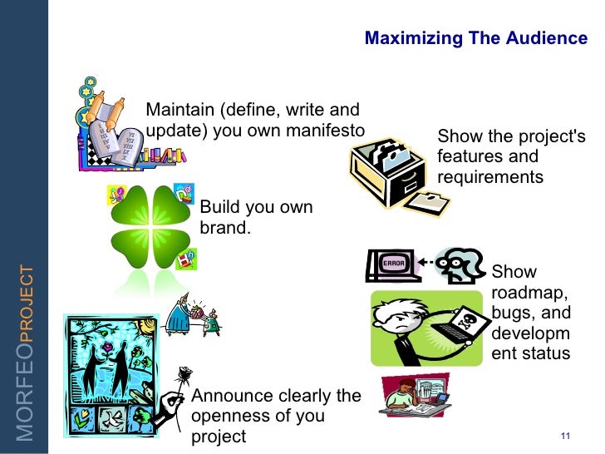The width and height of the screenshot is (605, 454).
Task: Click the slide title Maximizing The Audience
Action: click(x=476, y=38)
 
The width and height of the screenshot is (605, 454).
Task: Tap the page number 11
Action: click(x=567, y=438)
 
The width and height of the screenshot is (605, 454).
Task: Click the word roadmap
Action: click(x=529, y=293)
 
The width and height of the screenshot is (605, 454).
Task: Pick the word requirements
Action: click(x=489, y=177)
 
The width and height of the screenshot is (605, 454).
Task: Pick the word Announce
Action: click(x=227, y=396)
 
